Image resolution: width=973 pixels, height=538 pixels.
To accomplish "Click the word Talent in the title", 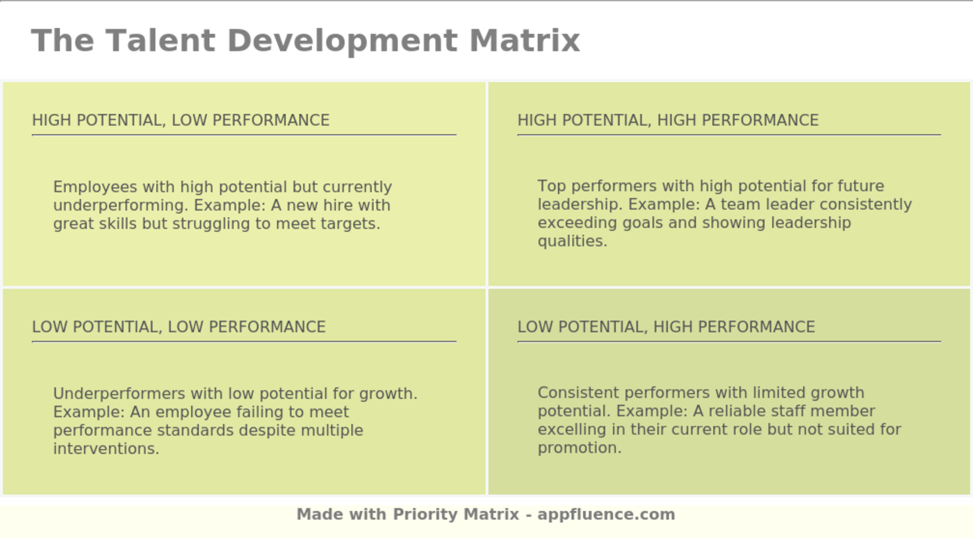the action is click(x=161, y=40).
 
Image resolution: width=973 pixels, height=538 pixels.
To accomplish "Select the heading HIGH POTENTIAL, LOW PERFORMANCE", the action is click(x=181, y=120).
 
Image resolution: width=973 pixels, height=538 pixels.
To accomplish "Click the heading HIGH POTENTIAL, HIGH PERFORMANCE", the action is click(x=668, y=120).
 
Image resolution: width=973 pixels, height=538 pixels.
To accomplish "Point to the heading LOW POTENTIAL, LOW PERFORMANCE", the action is click(x=179, y=327).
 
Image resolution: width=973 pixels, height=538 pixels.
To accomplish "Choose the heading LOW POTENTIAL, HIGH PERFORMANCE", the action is click(x=666, y=327).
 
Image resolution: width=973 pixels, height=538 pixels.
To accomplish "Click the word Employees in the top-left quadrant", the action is click(x=95, y=187).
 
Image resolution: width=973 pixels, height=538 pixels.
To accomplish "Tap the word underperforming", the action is click(x=121, y=206).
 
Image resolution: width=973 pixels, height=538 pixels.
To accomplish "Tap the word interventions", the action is click(x=106, y=448).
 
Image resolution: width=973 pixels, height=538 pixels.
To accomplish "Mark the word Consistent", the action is click(x=578, y=393).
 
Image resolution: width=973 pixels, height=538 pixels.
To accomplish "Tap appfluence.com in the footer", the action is click(x=606, y=515).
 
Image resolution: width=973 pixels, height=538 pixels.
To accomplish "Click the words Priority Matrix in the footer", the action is click(x=456, y=515).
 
